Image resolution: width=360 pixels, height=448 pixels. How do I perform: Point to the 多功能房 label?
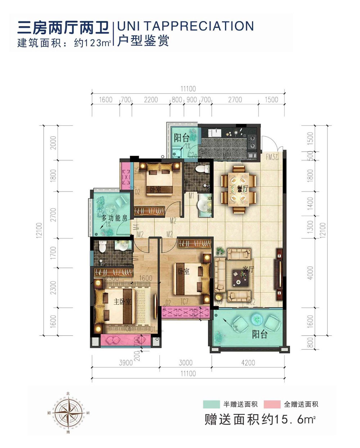coord(114,218)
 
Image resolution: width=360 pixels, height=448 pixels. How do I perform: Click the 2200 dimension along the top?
coord(151,100)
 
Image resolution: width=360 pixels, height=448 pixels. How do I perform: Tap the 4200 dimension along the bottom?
coord(248,363)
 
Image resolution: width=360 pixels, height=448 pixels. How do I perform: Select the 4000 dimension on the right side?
coord(310,273)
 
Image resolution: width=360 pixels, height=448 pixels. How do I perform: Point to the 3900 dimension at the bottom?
coord(126,363)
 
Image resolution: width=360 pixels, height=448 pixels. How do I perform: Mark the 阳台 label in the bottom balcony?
coord(259,334)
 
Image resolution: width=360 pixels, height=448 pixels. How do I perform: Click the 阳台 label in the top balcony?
coord(181,138)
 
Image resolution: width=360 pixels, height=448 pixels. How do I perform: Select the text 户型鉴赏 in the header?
coord(143,41)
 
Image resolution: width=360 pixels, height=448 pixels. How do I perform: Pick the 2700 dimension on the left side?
coord(54,214)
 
